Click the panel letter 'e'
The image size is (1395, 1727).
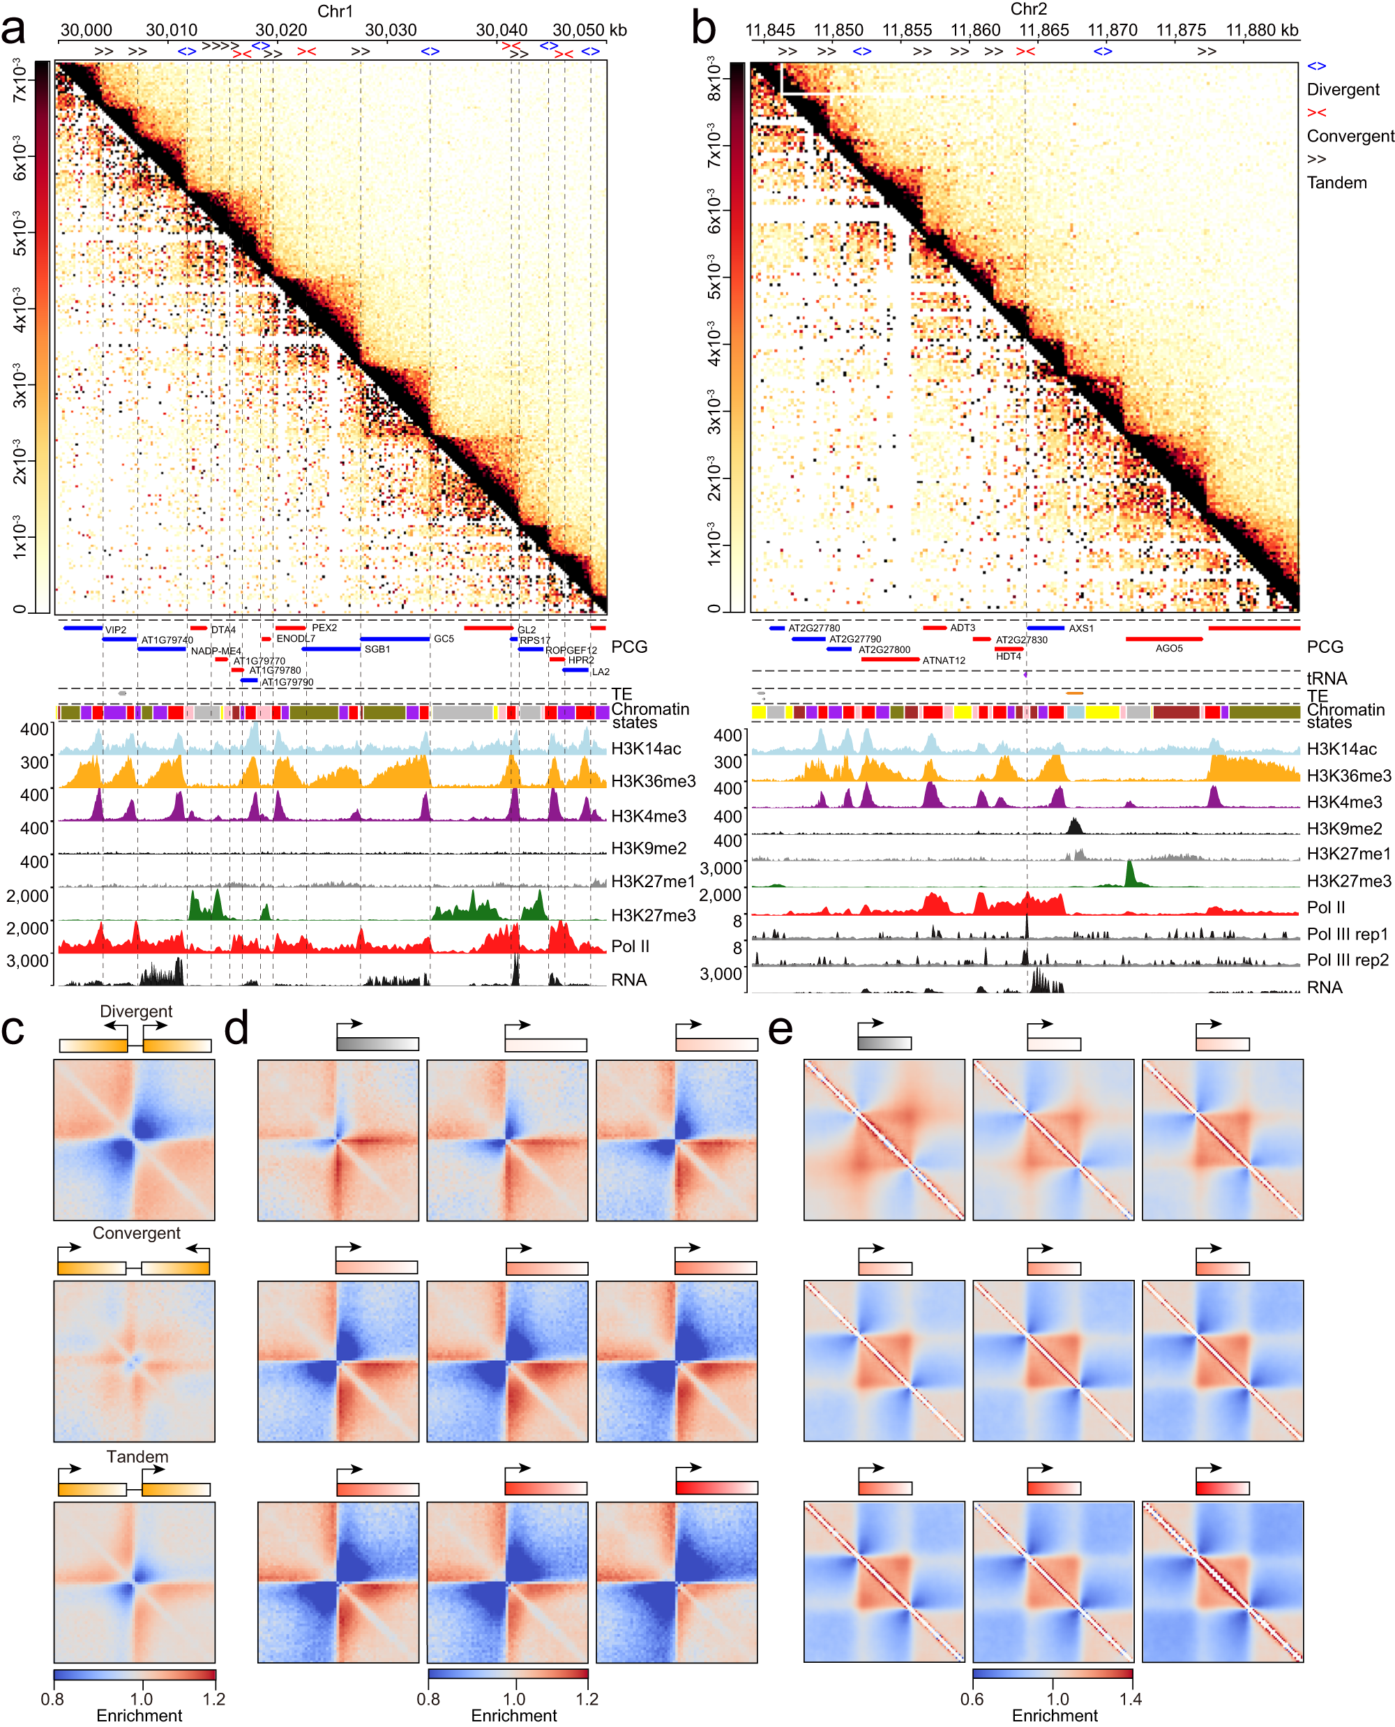[781, 1030]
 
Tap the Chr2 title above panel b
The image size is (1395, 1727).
[1028, 9]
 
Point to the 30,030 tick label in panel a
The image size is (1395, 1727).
[391, 31]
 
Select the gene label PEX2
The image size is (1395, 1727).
[324, 628]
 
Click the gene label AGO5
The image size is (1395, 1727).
[1168, 649]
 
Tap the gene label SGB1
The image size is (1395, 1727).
[377, 649]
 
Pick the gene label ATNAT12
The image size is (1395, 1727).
[944, 661]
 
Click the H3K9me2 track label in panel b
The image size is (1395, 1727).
[1343, 829]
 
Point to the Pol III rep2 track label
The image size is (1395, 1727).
[1347, 960]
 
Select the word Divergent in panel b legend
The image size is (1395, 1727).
[1342, 90]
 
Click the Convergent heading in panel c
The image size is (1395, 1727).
[136, 1232]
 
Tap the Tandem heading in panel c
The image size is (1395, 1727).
[137, 1456]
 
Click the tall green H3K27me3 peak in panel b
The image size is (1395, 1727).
[1130, 873]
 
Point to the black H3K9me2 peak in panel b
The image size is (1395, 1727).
[1074, 825]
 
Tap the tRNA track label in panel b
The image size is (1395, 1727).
[1326, 678]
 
